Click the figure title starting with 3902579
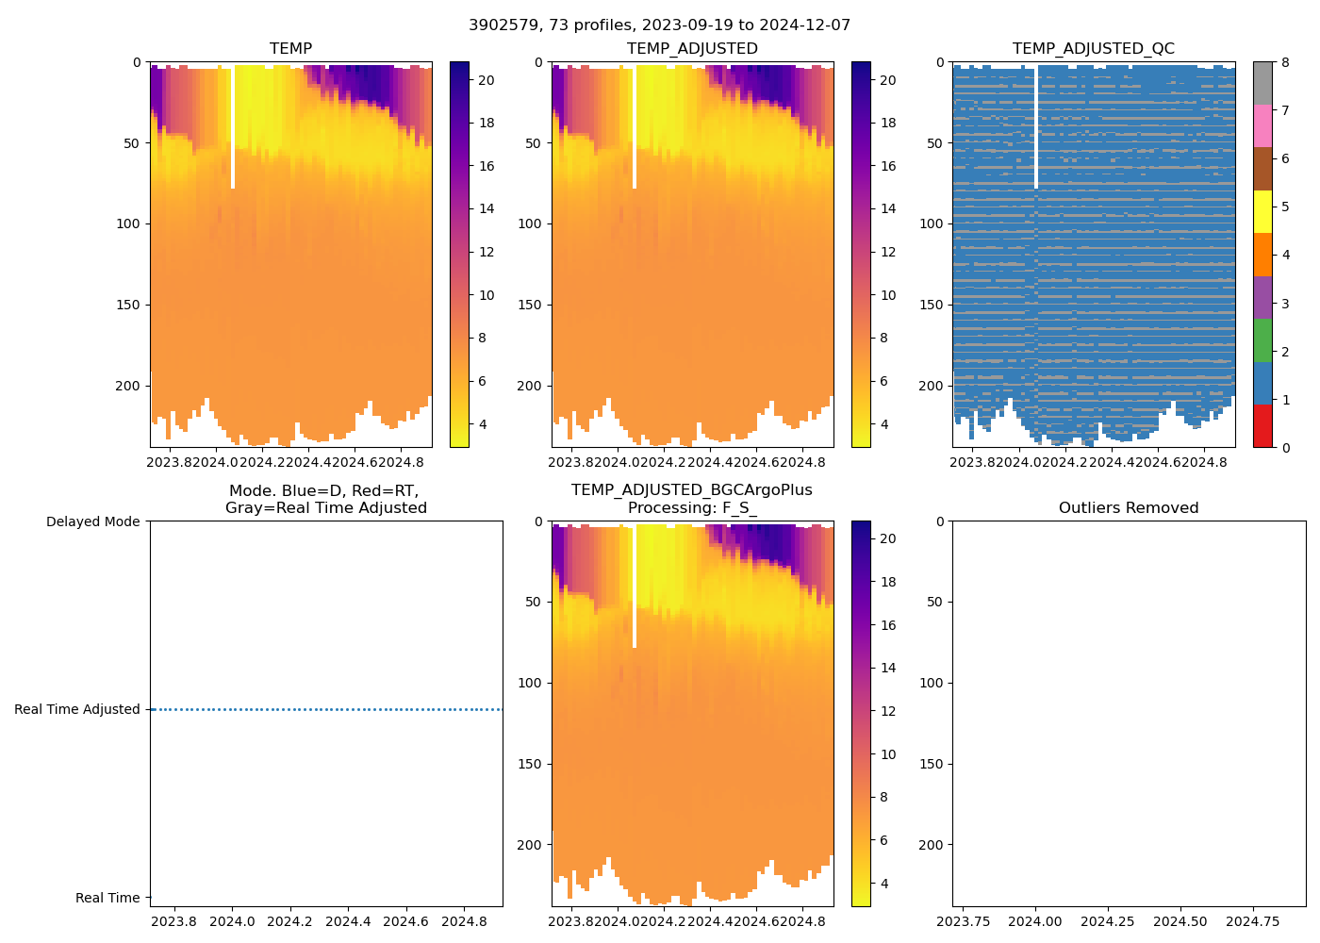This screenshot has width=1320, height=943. tap(659, 25)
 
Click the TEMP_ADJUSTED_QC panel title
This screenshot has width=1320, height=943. tap(1093, 49)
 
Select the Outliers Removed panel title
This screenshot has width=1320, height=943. tap(1128, 508)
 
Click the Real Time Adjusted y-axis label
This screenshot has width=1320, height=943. tap(76, 709)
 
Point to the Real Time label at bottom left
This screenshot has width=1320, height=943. tap(107, 898)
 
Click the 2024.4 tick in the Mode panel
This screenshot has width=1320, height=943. tap(348, 920)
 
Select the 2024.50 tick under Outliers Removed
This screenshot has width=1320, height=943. tap(1180, 920)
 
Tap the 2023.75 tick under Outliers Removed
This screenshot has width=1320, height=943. tap(964, 920)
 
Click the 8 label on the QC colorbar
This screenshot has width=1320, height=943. tap(1285, 62)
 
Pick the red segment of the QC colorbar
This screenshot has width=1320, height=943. tap(1262, 425)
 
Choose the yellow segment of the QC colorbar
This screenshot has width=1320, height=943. tap(1262, 211)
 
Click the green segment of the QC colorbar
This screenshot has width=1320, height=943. tap(1262, 339)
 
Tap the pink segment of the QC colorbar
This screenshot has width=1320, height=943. tap(1262, 125)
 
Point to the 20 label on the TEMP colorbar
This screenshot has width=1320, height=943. tap(486, 80)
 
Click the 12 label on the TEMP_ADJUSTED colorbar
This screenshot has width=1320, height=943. tap(888, 252)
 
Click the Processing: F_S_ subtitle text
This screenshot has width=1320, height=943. tap(691, 508)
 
